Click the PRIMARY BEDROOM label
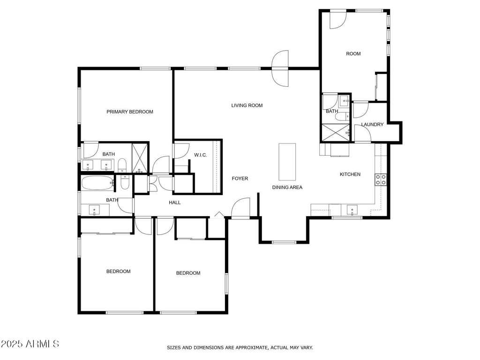(130, 112)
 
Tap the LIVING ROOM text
(247, 105)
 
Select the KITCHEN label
(350, 174)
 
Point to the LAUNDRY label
(372, 124)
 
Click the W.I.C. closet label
(201, 155)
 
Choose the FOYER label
(240, 178)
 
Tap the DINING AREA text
(287, 187)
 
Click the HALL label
(175, 202)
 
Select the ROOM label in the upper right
(353, 53)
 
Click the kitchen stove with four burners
(381, 180)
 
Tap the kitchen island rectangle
(287, 162)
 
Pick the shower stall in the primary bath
(140, 157)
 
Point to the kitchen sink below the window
(352, 210)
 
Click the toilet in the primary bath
(122, 165)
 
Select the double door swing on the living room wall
(280, 68)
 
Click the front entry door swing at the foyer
(240, 208)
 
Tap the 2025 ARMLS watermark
(30, 344)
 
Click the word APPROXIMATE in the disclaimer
(251, 348)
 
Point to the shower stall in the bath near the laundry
(334, 133)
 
